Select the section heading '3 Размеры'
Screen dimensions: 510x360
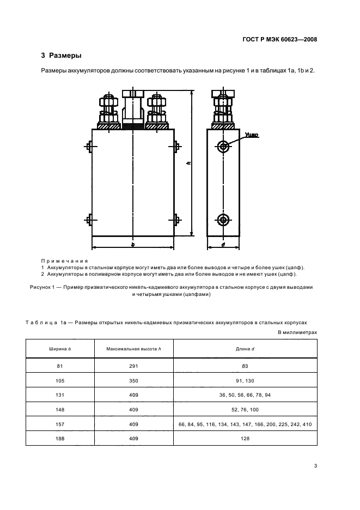coord(62,56)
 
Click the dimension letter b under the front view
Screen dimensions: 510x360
coord(133,245)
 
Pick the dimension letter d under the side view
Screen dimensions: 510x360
coord(223,245)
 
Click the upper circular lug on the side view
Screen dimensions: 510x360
coord(223,146)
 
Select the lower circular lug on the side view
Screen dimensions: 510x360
coord(223,220)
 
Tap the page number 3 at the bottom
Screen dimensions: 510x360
coord(315,465)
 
